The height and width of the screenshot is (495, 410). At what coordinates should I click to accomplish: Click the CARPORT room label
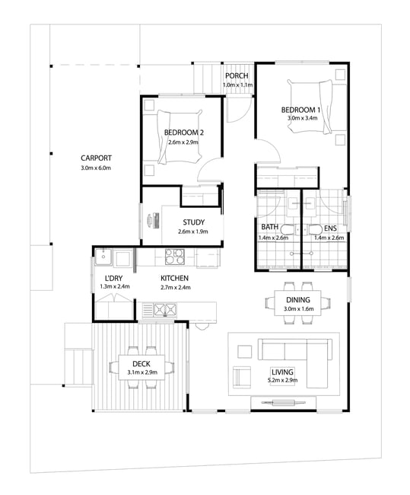(x=96, y=158)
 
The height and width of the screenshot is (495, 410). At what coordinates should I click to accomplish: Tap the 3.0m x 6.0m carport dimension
(x=96, y=168)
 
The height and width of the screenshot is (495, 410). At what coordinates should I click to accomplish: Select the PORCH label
(x=237, y=75)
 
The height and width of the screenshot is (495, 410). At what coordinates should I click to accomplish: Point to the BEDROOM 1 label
(x=301, y=110)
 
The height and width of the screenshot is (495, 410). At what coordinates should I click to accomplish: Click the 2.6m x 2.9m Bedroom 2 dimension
(x=183, y=142)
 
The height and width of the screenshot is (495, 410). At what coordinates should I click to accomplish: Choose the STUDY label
(x=194, y=222)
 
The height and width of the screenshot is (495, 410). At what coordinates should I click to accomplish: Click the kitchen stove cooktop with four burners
(x=175, y=257)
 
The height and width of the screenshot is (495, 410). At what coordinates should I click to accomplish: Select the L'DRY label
(x=113, y=279)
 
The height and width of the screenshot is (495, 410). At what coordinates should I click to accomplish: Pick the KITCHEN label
(x=174, y=278)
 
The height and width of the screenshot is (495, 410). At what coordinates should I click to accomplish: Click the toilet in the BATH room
(x=288, y=229)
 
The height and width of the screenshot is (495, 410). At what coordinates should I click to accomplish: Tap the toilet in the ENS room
(x=315, y=229)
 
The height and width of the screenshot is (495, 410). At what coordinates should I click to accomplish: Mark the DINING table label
(x=298, y=300)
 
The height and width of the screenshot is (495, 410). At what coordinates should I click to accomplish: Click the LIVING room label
(x=282, y=372)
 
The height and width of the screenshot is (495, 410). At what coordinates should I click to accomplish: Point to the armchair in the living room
(x=242, y=377)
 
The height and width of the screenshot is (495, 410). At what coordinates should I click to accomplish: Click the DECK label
(x=141, y=364)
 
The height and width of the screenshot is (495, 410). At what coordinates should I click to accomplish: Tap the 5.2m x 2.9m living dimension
(x=282, y=380)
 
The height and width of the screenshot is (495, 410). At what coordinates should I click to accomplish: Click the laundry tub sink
(x=103, y=257)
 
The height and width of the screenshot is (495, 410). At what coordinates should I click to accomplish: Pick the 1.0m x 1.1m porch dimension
(x=237, y=85)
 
